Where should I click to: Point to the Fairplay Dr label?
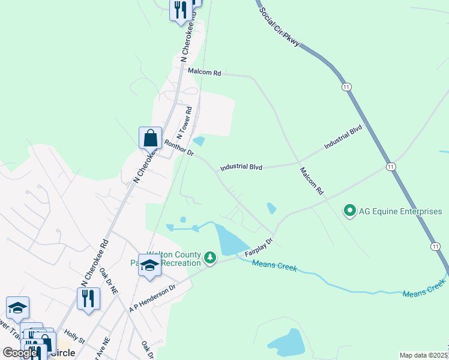[258, 247]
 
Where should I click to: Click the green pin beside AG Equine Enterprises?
[349, 211]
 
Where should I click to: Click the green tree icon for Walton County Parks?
[209, 258]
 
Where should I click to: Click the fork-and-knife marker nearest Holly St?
[88, 298]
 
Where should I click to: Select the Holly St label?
[75, 341]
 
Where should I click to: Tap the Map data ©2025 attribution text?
[424, 355]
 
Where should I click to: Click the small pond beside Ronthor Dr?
[199, 141]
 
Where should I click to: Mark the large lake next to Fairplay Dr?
[231, 239]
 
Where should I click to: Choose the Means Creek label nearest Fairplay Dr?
[274, 266]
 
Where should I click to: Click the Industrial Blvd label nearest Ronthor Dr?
[241, 168]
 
